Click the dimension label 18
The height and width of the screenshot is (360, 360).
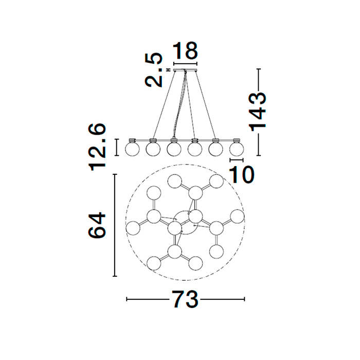point(185,50)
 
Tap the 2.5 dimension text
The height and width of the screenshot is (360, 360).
point(154,70)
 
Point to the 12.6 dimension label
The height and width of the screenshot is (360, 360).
point(97,147)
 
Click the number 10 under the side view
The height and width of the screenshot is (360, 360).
point(242,174)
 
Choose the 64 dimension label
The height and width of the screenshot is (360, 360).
point(97,225)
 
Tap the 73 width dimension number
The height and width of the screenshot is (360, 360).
point(185,299)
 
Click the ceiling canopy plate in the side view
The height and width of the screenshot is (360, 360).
point(185,70)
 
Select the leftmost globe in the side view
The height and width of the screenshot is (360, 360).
point(132,149)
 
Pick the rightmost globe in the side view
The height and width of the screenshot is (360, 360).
point(237,149)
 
